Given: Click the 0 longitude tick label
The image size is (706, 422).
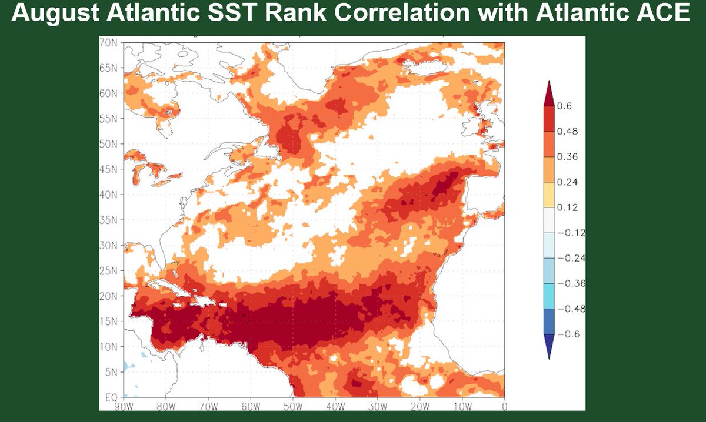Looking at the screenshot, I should [504, 406].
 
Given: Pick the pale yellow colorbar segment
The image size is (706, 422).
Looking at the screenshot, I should [548, 195].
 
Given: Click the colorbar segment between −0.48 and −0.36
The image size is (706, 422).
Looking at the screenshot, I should [548, 296].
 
